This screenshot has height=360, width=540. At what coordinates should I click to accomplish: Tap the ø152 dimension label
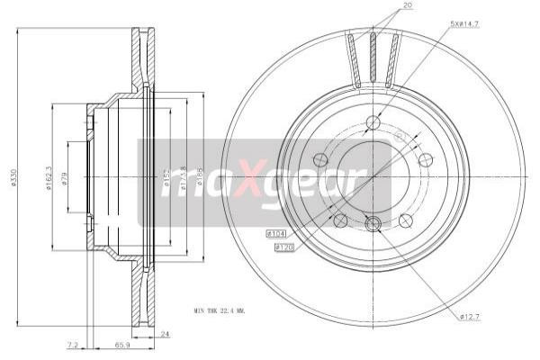[x=166, y=180]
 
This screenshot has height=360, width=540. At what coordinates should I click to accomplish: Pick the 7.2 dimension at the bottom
[x=72, y=345]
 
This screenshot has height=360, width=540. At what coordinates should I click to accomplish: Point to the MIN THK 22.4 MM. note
[x=219, y=310]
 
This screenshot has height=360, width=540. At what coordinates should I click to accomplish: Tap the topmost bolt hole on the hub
[x=373, y=123]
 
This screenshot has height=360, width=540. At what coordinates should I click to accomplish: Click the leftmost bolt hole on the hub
[x=319, y=160]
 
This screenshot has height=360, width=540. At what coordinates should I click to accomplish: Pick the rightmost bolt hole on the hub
[x=427, y=160]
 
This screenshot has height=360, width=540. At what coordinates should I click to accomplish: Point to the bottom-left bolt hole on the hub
[x=340, y=220]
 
